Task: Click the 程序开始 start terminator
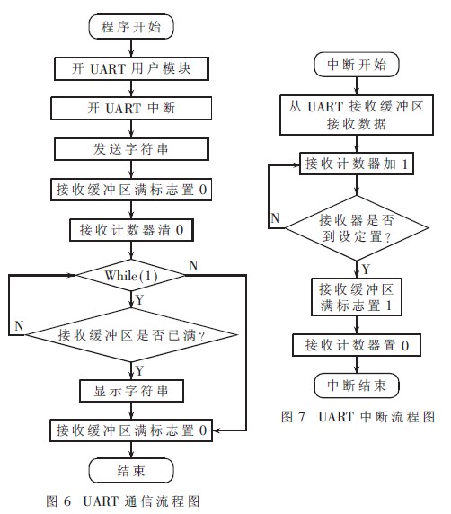131,27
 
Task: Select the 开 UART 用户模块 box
131,68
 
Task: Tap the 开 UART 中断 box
131,108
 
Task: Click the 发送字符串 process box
131,149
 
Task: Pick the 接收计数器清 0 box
131,230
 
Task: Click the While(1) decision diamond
131,275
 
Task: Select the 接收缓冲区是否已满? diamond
131,335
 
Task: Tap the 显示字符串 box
131,391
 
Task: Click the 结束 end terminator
131,471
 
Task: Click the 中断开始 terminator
357,65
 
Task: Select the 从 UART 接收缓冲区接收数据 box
357,115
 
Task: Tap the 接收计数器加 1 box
357,164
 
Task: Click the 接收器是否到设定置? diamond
357,228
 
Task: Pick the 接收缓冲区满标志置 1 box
357,297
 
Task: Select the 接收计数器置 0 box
357,345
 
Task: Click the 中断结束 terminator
357,385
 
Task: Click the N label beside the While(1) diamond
193,265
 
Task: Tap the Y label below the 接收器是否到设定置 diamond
367,270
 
